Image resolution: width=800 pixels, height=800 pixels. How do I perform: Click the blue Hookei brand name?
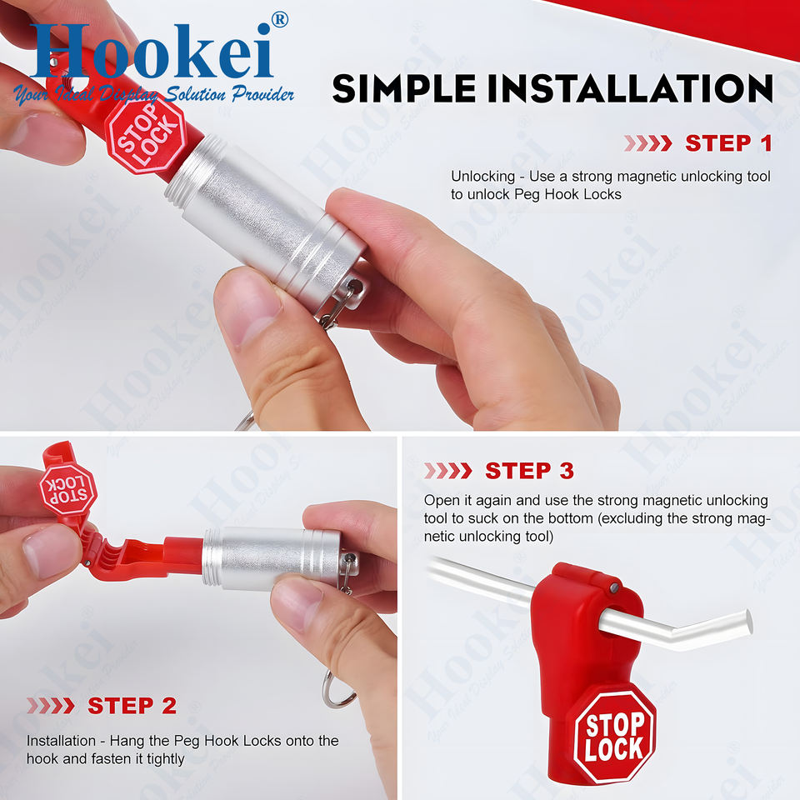pyautogui.click(x=152, y=51)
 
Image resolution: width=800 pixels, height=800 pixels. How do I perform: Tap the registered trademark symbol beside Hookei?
pyautogui.click(x=280, y=20)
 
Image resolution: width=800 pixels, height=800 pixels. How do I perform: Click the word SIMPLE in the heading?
pyautogui.click(x=404, y=88)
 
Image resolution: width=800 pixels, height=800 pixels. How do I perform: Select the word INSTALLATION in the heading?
pyautogui.click(x=631, y=88)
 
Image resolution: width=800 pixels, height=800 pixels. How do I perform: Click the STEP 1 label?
pyautogui.click(x=728, y=143)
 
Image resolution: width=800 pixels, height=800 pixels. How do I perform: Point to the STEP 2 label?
pyautogui.click(x=132, y=706)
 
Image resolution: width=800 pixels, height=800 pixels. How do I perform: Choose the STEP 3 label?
pyautogui.click(x=530, y=470)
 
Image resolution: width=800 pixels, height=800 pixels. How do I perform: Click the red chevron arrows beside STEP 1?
pyautogui.click(x=648, y=143)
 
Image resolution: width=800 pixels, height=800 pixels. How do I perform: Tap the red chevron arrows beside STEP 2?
pyautogui.click(x=51, y=706)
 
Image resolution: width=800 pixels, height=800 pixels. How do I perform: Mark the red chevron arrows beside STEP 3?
pyautogui.click(x=448, y=470)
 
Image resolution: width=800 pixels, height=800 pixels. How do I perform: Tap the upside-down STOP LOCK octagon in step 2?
pyautogui.click(x=67, y=489)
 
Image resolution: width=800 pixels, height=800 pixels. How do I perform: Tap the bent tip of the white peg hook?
pyautogui.click(x=748, y=622)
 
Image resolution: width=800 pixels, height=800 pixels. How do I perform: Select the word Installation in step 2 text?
pyautogui.click(x=61, y=740)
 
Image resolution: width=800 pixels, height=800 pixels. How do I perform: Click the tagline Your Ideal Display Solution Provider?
pyautogui.click(x=153, y=94)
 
